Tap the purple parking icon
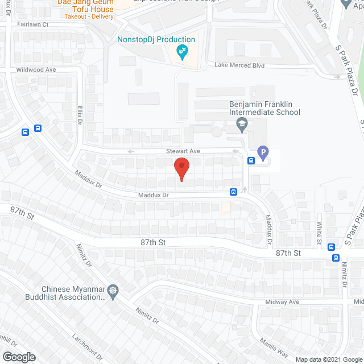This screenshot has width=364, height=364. click(262, 152)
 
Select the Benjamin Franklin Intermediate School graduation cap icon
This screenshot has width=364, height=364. click(242, 124)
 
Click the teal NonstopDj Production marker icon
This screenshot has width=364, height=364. click(182, 52)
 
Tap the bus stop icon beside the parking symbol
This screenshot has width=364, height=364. click(251, 160)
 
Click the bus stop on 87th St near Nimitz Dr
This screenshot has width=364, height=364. click(336, 257)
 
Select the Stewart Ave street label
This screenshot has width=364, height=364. click(183, 151)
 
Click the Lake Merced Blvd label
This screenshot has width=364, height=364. click(239, 65)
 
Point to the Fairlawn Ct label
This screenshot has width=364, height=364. click(33, 24)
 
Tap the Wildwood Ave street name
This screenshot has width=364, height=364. click(36, 69)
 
